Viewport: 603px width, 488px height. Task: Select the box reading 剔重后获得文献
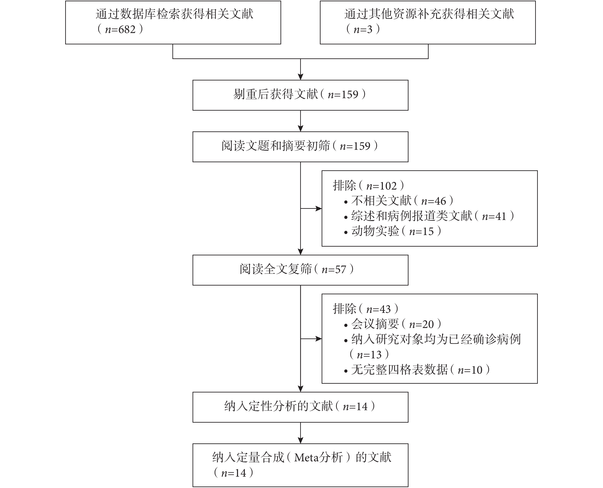(x=300, y=95)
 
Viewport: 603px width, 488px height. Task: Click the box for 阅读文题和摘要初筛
(x=300, y=147)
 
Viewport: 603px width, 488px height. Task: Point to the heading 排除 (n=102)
(x=369, y=186)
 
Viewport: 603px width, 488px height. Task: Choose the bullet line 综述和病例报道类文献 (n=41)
(x=429, y=216)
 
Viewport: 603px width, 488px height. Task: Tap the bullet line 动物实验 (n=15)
(x=392, y=231)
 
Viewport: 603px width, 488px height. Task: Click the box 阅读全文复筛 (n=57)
(x=300, y=270)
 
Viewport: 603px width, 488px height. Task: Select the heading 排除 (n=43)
(x=366, y=309)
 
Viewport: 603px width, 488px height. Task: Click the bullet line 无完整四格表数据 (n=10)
(x=417, y=370)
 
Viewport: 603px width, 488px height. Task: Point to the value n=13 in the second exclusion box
(x=369, y=355)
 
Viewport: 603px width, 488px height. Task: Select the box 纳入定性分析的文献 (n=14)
(x=300, y=407)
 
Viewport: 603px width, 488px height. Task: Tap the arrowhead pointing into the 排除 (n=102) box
(x=319, y=209)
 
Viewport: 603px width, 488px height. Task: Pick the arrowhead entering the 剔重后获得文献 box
(x=300, y=77)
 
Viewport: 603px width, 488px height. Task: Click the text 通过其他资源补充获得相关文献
(x=429, y=14)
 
